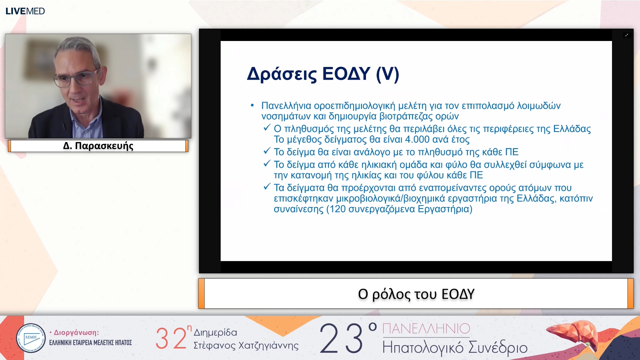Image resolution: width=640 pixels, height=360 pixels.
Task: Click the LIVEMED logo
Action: [25, 11]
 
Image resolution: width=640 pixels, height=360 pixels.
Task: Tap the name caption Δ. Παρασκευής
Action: [98, 146]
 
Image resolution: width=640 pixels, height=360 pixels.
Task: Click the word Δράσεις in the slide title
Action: [282, 74]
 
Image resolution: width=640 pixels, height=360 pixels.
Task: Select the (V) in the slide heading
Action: [387, 74]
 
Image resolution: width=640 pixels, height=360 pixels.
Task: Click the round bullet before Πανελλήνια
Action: [252, 106]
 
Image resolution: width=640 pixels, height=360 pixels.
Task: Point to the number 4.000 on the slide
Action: [417, 139]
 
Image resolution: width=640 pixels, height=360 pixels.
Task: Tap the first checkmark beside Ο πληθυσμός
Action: [267, 128]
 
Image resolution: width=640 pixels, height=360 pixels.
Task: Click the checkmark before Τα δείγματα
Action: [267, 187]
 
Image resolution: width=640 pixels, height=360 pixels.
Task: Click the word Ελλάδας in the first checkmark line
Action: [572, 129]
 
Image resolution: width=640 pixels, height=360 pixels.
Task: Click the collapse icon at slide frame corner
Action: [627, 35]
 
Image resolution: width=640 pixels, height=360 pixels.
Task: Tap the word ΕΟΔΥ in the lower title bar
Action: [458, 294]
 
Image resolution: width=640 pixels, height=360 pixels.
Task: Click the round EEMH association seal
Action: [31, 338]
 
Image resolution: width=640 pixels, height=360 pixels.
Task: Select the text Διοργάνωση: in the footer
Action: [76, 333]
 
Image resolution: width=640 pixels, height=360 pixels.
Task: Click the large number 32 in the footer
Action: [171, 338]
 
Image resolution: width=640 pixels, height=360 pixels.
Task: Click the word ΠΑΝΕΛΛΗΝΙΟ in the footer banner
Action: [426, 329]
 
